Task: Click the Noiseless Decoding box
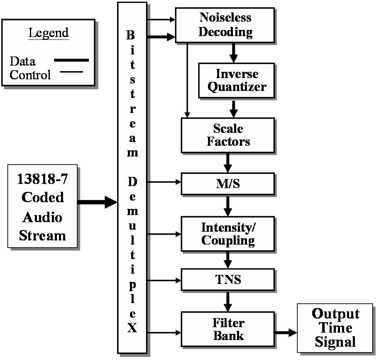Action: (225, 25)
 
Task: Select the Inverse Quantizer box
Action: (237, 81)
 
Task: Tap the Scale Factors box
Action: (228, 135)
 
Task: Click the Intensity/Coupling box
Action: (228, 234)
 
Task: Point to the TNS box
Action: (228, 279)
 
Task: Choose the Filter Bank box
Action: (228, 329)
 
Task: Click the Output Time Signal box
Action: (335, 328)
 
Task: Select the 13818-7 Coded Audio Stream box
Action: (42, 206)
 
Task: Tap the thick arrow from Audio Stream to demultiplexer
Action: (98, 202)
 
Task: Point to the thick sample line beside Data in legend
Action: (71, 61)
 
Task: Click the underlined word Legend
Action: (48, 33)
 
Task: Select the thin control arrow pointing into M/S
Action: (164, 181)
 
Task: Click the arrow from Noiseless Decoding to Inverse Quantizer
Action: (233, 53)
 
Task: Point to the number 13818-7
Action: (42, 179)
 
